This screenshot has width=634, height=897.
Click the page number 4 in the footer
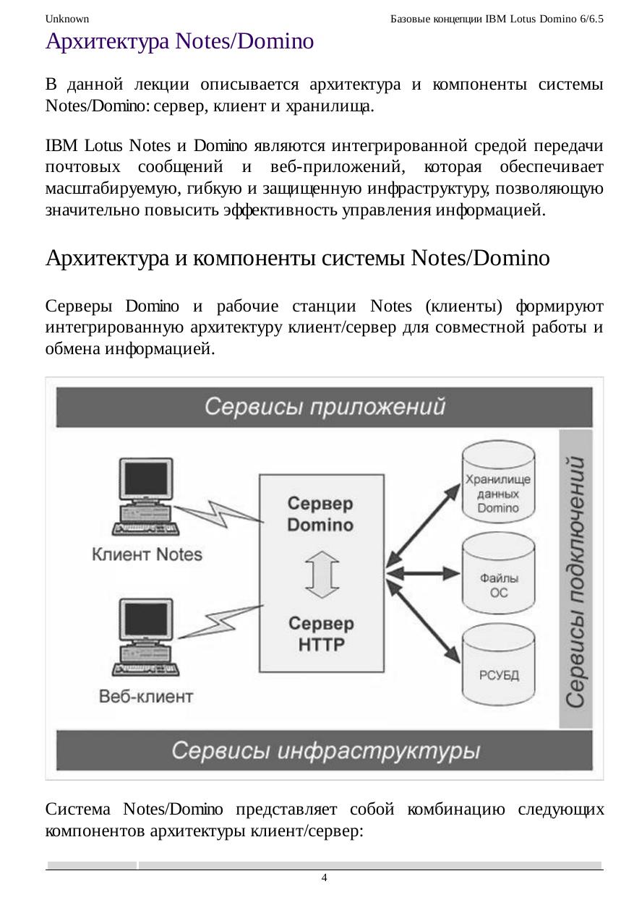[324, 877]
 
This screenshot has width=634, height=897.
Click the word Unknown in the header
[67, 18]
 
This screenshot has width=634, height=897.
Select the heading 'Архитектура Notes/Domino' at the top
[179, 42]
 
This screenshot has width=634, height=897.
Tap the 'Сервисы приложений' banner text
[325, 407]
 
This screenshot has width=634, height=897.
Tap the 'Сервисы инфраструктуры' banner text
[325, 751]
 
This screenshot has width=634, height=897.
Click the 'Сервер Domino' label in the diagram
[321, 513]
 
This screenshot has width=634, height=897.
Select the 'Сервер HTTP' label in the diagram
[321, 633]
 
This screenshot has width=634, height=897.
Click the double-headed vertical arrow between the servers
[321, 574]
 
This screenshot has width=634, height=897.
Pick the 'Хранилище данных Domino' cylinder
[498, 487]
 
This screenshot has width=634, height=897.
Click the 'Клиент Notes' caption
[147, 555]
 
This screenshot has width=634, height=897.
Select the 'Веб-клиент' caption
[146, 697]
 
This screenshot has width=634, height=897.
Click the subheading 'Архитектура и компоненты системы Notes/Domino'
[298, 258]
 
